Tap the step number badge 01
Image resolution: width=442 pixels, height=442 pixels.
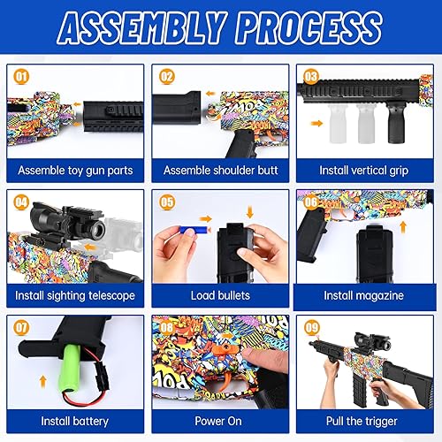(x=21, y=76)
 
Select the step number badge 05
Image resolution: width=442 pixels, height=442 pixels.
(x=165, y=202)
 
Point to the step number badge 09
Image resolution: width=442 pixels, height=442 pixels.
(x=309, y=328)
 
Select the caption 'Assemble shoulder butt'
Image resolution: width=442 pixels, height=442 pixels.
(x=220, y=169)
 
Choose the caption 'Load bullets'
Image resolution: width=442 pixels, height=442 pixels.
(x=220, y=295)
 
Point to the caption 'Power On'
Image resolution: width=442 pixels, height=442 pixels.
(x=220, y=421)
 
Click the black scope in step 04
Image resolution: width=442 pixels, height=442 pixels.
(x=67, y=221)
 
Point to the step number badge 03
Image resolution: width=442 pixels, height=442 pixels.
(x=309, y=76)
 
